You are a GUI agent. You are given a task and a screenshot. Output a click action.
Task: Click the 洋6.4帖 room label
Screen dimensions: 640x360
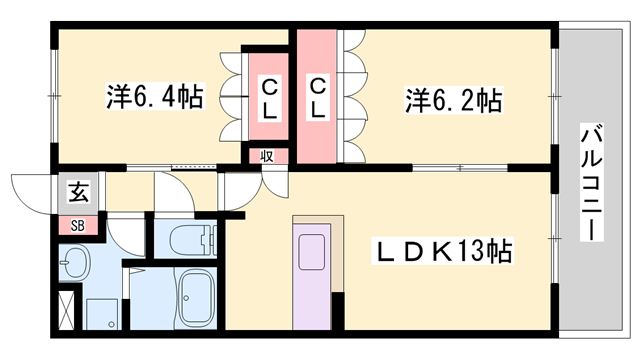pyautogui.click(x=155, y=99)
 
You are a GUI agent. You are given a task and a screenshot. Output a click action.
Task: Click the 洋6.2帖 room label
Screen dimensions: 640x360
pyautogui.click(x=453, y=101)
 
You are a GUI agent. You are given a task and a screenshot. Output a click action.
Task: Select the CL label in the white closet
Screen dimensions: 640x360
pyautogui.click(x=270, y=99)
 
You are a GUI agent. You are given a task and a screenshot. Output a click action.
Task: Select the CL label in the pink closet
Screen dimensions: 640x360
pyautogui.click(x=318, y=99)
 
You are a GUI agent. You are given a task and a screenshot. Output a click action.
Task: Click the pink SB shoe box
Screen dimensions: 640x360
pyautogui.click(x=77, y=225)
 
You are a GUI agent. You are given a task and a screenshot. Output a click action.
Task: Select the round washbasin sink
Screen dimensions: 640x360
pyautogui.click(x=74, y=266)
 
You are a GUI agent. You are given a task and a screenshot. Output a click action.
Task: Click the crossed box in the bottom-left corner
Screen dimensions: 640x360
pyautogui.click(x=67, y=309)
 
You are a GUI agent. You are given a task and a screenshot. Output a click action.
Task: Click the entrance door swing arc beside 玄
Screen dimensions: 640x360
pyautogui.click(x=30, y=190)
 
